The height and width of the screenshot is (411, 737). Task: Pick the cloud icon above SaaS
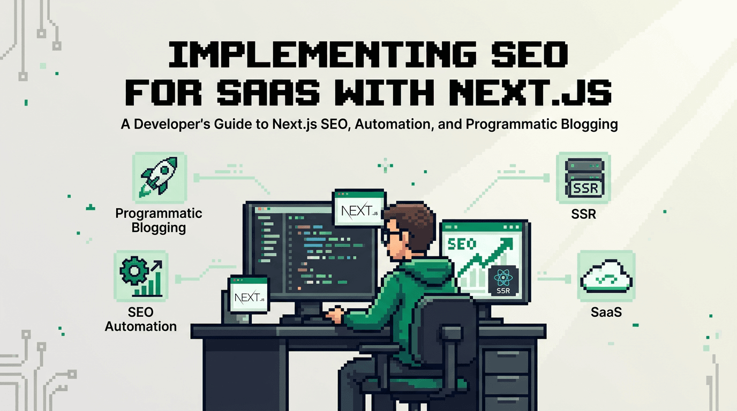click(606, 277)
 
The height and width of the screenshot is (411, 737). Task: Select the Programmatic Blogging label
click(159, 220)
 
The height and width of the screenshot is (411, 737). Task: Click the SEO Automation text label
click(141, 319)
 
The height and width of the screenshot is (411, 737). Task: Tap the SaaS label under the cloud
click(606, 312)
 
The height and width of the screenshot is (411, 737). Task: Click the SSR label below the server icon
click(583, 215)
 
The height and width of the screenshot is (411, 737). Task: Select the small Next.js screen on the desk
click(249, 294)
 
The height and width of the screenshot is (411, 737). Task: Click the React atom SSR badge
click(503, 281)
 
